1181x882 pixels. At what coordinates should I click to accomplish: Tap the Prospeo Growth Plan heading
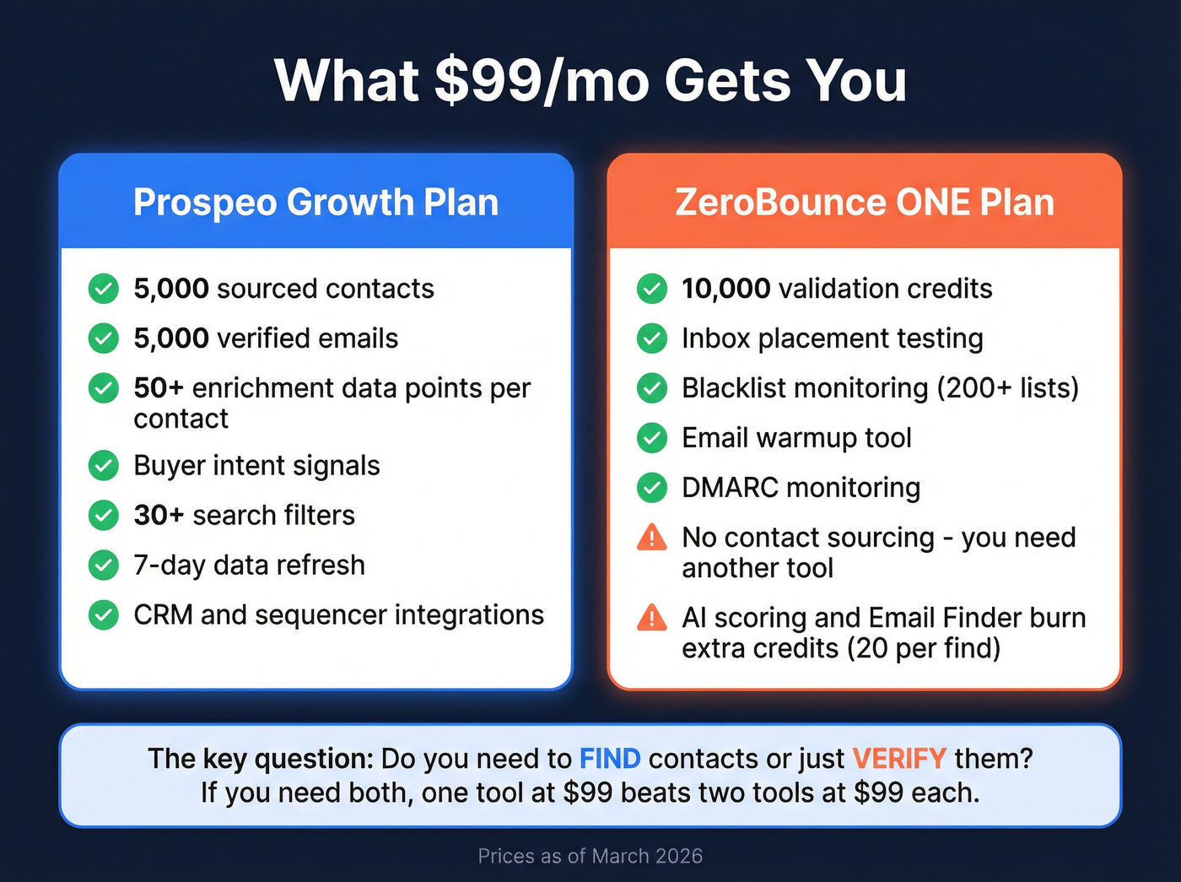[315, 203]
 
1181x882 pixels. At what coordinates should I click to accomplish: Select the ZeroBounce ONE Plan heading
[865, 203]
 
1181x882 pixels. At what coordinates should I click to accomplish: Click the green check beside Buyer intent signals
[104, 466]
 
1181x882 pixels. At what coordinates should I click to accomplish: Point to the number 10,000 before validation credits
[725, 289]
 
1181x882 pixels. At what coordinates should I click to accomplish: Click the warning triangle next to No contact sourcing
[651, 538]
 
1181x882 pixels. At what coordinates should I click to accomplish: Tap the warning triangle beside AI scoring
[651, 618]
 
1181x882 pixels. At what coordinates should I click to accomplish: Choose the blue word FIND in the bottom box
[609, 759]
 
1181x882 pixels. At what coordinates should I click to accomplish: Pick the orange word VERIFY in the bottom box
[898, 759]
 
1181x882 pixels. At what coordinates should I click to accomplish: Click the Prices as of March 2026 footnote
[590, 856]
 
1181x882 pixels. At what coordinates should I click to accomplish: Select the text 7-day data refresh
[249, 565]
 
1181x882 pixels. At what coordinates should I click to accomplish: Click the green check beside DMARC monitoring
[651, 488]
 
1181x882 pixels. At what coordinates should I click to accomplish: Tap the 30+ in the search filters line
[159, 515]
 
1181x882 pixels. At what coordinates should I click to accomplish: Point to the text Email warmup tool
[796, 438]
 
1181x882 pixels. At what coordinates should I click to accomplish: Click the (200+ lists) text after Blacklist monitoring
[1007, 388]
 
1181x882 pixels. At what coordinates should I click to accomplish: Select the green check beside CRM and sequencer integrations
[104, 615]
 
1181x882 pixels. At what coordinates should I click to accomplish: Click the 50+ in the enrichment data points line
[159, 388]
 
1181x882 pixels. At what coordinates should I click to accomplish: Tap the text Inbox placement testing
[832, 338]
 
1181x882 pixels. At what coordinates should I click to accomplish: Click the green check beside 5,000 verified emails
[104, 338]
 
